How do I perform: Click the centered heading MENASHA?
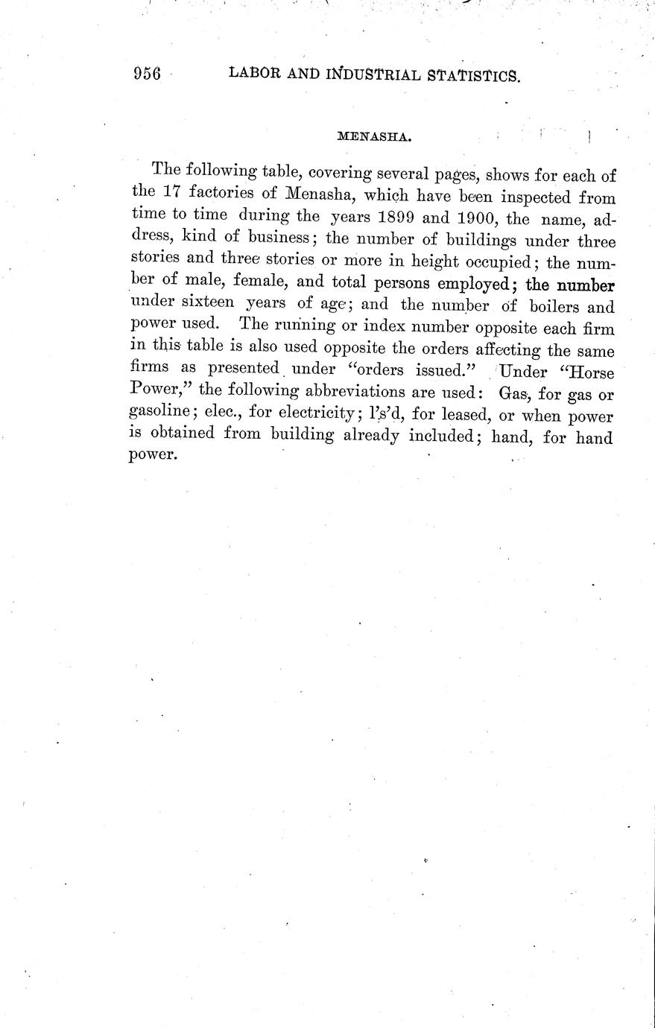click(x=376, y=136)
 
